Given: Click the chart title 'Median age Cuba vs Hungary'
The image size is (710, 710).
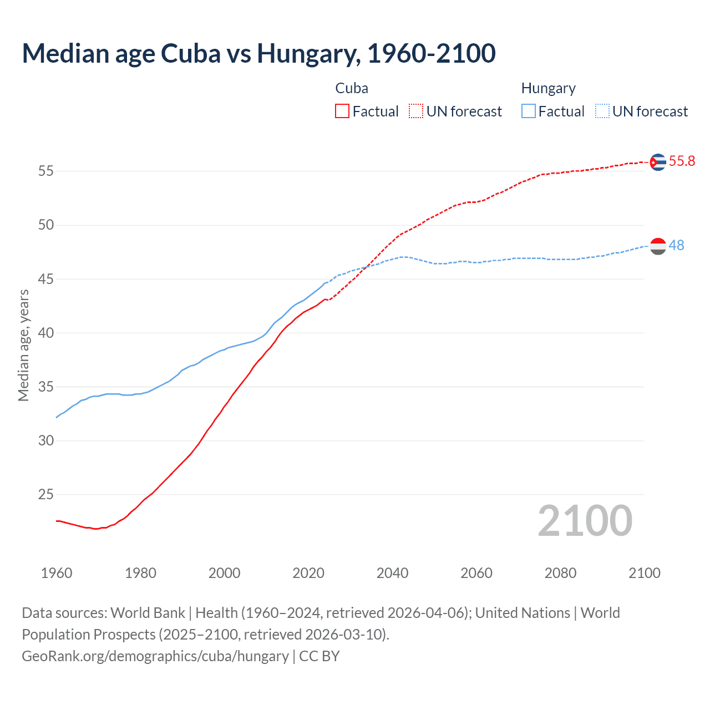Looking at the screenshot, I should pos(258,53).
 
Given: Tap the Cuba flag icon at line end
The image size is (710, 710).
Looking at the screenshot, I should pos(657,162).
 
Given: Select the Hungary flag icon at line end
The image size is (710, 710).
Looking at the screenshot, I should pos(657,246).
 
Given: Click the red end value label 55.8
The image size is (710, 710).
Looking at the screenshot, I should pos(682,161).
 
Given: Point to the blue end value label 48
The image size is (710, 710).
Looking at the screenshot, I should pos(677,245).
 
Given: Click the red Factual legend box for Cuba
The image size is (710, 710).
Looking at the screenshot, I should pos(342,111).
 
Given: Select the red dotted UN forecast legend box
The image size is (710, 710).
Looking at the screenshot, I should pos(416,111).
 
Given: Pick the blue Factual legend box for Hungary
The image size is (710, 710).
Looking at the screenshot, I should pos(529,111).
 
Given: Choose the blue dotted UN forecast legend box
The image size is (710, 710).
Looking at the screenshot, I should pos(602,111).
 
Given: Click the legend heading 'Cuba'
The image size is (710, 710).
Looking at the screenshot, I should pos(352,88).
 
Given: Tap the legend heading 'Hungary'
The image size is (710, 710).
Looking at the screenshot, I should pos(548,88).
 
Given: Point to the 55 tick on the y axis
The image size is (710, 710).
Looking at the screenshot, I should pos(46,171).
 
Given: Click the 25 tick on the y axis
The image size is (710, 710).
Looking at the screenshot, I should pos(46,494).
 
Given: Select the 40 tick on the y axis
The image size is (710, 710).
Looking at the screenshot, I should pos(46,333).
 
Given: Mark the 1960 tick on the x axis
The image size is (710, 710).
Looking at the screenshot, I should pos(57,573).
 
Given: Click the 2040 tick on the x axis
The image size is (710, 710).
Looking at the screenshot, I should pos(392,573).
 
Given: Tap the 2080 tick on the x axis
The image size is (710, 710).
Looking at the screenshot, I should pos(560,573).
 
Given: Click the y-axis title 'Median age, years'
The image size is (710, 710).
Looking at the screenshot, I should pos(23,345).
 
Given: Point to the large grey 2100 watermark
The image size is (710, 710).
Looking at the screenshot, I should pos(585,521).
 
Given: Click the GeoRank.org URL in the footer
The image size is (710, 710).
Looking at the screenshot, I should pos(155,656).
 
